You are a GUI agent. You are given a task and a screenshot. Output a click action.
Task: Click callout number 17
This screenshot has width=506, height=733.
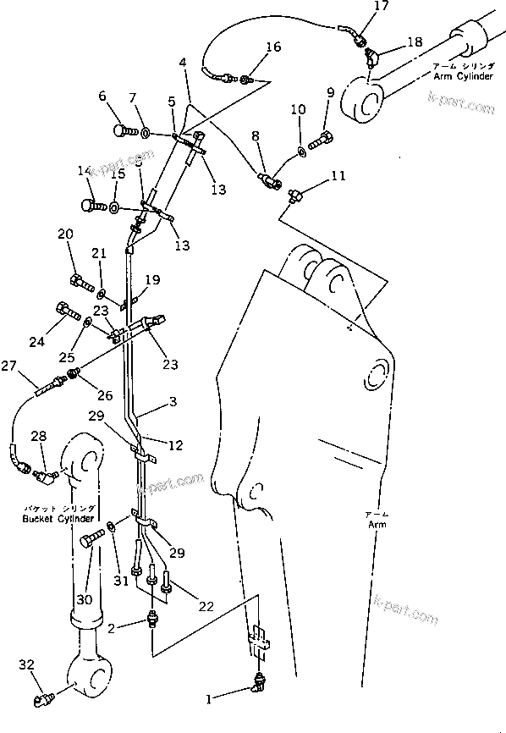(358, 8)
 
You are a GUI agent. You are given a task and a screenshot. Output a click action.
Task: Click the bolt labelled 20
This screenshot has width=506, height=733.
(78, 280)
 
